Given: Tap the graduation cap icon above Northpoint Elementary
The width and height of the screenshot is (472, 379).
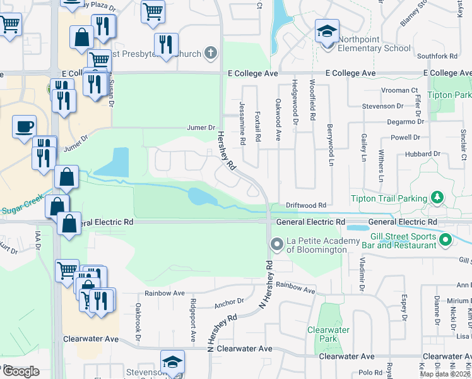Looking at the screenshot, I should click(x=327, y=30).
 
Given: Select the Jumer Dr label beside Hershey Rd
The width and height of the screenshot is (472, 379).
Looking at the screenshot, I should click(x=201, y=128).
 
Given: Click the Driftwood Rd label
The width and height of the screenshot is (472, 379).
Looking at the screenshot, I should click(x=305, y=205).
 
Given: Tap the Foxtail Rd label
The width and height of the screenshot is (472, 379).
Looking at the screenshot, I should click(x=258, y=126).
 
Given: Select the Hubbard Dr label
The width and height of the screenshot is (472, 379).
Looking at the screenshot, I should click(x=423, y=153).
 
